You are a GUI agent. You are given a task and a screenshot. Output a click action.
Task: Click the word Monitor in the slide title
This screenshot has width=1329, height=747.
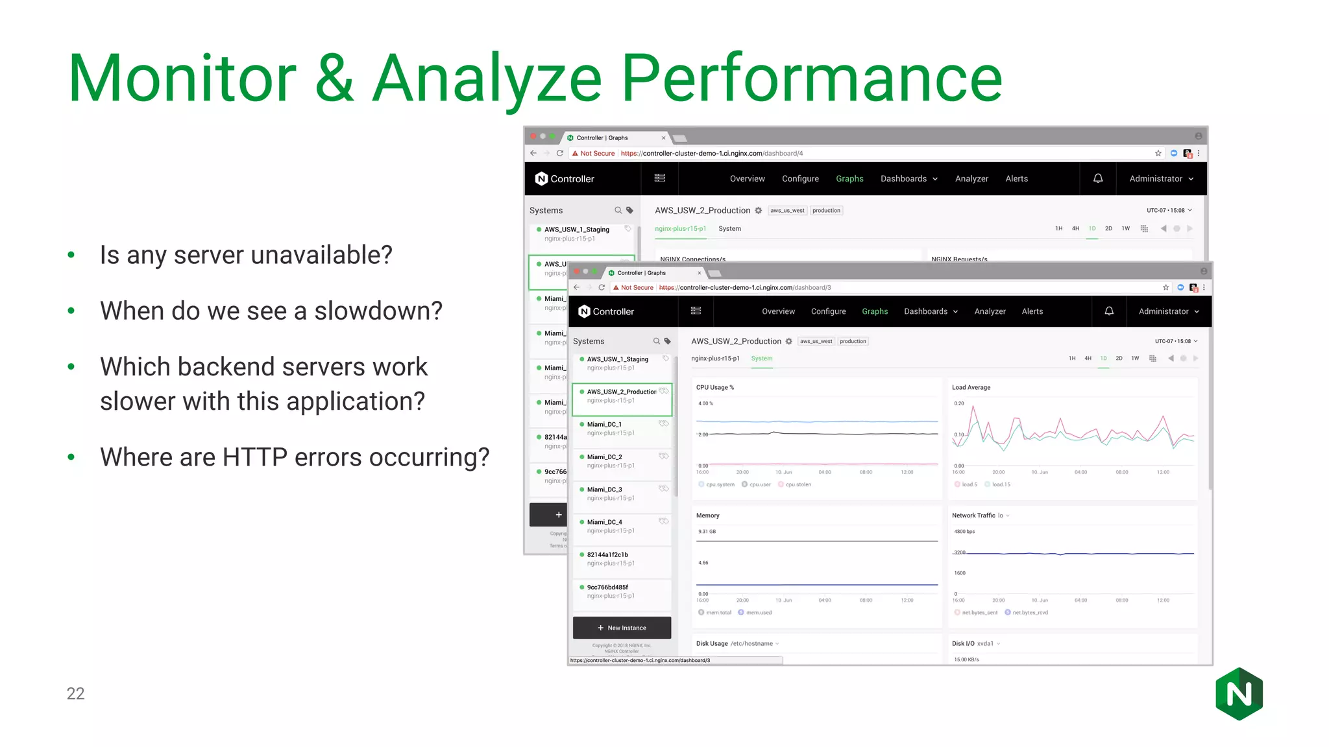coord(182,79)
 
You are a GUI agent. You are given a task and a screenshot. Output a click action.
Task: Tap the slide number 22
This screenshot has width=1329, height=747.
coord(75,693)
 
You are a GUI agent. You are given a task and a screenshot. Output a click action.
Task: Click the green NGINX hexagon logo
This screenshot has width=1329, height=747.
coord(1239,694)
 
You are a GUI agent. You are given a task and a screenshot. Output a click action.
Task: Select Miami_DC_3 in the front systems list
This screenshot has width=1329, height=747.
coord(604,490)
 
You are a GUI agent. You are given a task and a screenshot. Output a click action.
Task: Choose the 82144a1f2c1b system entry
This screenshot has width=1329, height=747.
coord(607,555)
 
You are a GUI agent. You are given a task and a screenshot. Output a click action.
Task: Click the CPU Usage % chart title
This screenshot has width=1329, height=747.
coord(714,388)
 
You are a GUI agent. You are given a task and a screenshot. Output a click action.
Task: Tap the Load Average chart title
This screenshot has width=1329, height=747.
coord(971,388)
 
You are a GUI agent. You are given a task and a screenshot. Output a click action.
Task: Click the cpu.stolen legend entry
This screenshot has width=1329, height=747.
coord(798,484)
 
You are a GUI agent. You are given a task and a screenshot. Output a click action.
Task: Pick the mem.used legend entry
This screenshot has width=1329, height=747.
coord(758,613)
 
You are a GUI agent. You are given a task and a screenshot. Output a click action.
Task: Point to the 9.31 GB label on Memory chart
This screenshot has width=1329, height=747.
coord(707,532)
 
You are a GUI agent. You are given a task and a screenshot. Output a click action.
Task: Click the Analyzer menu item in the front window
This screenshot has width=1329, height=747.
coord(990,312)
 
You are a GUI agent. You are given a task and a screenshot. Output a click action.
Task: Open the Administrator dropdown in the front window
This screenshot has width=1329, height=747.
coord(1168,312)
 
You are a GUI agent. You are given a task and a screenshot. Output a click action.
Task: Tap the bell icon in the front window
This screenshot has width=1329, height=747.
coord(1109,311)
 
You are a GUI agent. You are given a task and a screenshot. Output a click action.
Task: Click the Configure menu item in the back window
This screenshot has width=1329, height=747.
coord(800,179)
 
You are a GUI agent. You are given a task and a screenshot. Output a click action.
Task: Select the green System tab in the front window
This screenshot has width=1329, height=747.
coord(762,359)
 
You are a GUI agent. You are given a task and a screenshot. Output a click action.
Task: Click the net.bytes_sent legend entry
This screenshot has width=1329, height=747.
coord(979,613)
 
